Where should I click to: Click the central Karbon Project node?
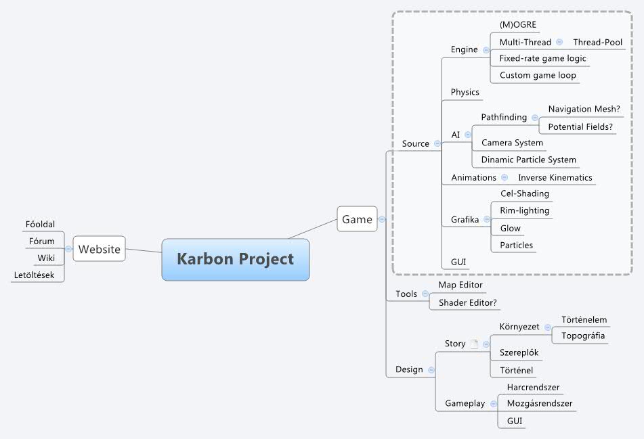point(235,259)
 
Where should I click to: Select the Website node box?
point(99,249)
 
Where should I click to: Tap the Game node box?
point(357,219)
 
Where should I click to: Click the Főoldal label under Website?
point(40,224)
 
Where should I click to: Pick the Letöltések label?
point(34,275)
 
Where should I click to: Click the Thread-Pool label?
point(597,42)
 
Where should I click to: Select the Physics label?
point(465,92)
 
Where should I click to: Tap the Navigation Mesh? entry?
point(584,108)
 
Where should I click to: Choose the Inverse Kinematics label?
point(555,177)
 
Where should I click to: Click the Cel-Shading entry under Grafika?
point(524,193)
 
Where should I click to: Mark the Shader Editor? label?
point(469,302)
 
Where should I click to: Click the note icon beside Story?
point(474,344)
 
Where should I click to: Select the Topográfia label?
point(583,336)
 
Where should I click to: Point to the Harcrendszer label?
point(533,388)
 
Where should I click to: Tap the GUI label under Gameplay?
point(514,421)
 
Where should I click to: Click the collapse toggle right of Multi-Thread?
point(559,42)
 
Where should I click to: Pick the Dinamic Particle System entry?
point(528,160)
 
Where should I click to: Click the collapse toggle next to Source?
point(437,143)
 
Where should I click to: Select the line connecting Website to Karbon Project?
point(144,252)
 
